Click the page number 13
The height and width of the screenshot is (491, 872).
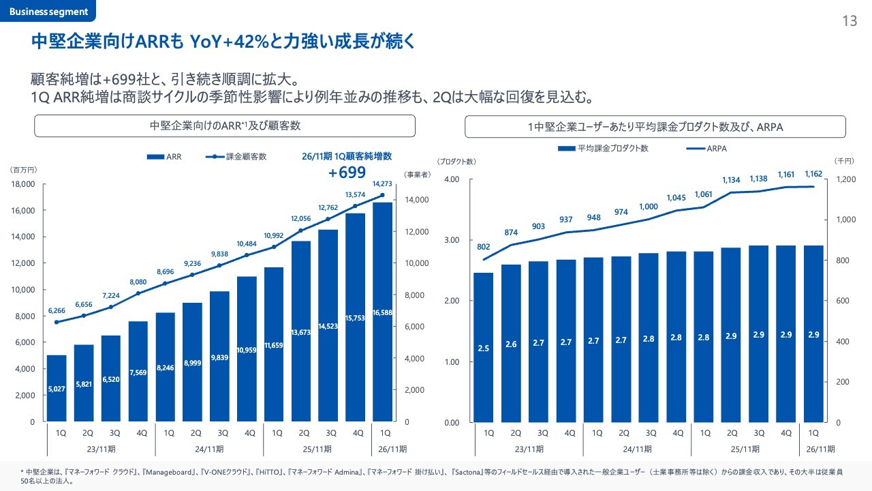(x=850, y=21)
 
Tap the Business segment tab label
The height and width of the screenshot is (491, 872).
(x=48, y=12)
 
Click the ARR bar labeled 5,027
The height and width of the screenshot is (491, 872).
(x=57, y=389)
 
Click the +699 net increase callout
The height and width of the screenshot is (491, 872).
(x=347, y=173)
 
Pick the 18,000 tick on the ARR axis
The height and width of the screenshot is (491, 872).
(x=25, y=184)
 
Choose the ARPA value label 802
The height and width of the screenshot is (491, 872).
(x=484, y=247)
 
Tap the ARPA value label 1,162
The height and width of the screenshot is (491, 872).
(x=812, y=175)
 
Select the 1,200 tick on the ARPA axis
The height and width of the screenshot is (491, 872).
(x=845, y=179)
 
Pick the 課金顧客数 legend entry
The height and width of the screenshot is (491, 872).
(x=236, y=156)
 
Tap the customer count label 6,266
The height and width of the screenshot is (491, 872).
(x=57, y=311)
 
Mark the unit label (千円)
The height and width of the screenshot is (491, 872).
(x=843, y=161)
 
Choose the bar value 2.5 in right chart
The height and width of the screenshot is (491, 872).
(x=484, y=348)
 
